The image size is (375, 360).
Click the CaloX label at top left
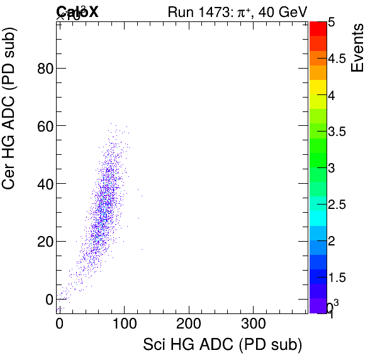tap(77, 11)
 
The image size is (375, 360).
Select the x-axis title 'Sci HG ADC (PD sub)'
tap(223, 345)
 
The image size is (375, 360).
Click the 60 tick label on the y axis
tap(43, 126)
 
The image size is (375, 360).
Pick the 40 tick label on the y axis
tap(43, 183)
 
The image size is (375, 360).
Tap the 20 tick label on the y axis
tap(43, 241)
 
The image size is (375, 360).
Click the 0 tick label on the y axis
tap(48, 299)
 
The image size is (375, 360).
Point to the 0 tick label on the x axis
tap(60, 323)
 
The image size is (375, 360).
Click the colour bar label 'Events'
tap(357, 47)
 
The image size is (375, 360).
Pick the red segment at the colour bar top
tap(318, 28)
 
